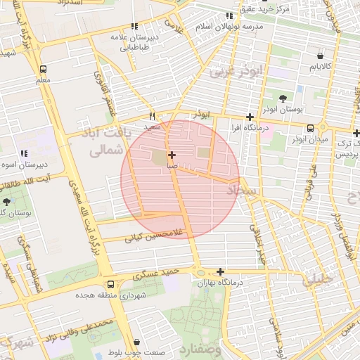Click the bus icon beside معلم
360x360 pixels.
[44, 70]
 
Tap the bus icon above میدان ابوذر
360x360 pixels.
[311, 128]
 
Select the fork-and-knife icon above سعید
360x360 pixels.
[152, 117]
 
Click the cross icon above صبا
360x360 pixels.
[172, 154]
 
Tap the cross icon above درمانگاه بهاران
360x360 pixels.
[221, 271]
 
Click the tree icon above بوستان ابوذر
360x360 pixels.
[283, 98]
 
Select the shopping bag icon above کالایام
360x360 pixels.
[321, 55]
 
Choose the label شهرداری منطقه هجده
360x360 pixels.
[108, 295]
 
